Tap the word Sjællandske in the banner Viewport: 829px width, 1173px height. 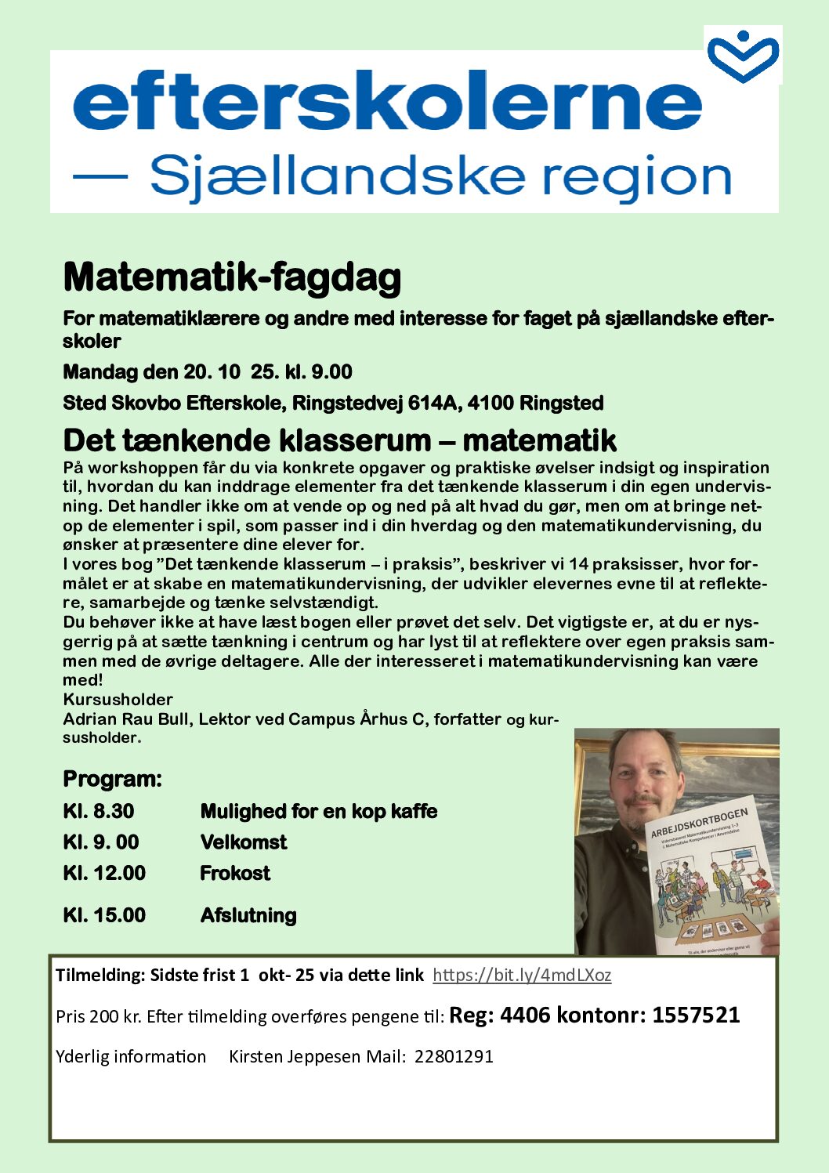tap(336, 176)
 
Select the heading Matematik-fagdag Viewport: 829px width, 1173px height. tap(232, 277)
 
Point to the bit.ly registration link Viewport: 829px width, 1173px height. tap(522, 976)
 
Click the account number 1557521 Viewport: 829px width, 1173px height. tap(696, 1016)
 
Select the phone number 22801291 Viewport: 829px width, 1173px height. tap(454, 1056)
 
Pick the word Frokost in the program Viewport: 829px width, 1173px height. tap(235, 873)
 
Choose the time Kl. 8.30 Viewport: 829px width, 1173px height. tap(99, 811)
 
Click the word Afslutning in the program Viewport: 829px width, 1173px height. tap(248, 915)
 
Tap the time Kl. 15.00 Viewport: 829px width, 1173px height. tap(104, 915)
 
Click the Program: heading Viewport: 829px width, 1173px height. tap(112, 780)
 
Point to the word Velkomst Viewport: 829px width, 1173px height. tap(244, 842)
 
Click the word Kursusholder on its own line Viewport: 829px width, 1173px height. tap(118, 700)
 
